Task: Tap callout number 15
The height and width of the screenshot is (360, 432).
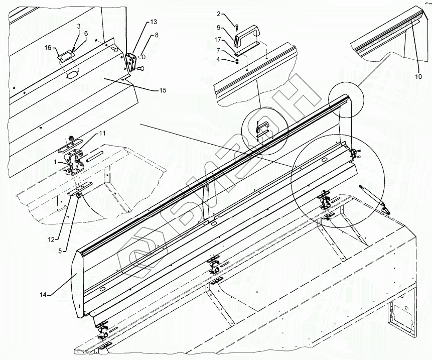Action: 163,90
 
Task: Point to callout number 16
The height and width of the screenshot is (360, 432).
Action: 48,48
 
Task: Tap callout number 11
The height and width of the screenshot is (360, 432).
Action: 102,133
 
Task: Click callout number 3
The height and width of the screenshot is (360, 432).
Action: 79,25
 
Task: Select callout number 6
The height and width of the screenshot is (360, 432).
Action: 86,33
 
